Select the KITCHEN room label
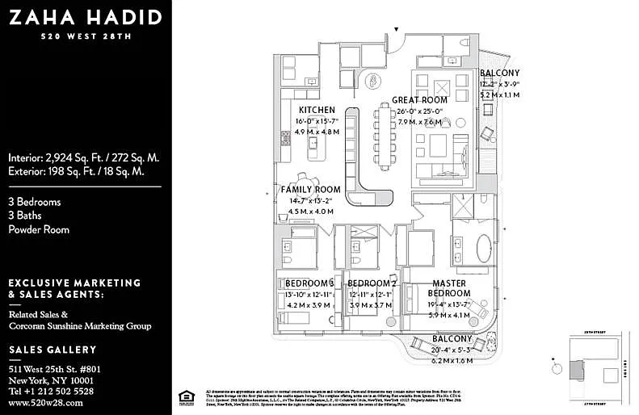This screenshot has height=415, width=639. coord(317,110)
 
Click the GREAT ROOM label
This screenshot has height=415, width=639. coord(419,100)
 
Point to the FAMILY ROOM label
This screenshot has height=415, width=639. coord(311,189)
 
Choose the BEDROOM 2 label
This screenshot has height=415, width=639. coord(372,283)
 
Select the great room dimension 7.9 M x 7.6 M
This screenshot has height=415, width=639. coord(419,122)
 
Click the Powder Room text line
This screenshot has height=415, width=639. coord(39,229)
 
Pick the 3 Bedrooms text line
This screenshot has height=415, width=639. coord(35,202)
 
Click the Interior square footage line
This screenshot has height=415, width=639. coord(84,157)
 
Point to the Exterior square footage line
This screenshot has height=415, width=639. coord(76,171)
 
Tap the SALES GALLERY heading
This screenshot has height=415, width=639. coord(53,350)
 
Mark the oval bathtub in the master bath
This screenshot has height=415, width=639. coord(483,248)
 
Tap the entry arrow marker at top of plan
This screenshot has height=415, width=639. coord(397,31)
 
